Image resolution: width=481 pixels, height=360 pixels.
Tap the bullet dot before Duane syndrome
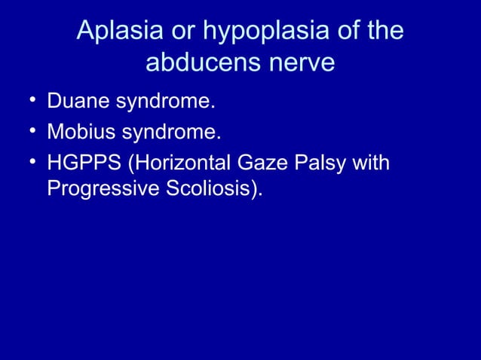click(28, 101)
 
